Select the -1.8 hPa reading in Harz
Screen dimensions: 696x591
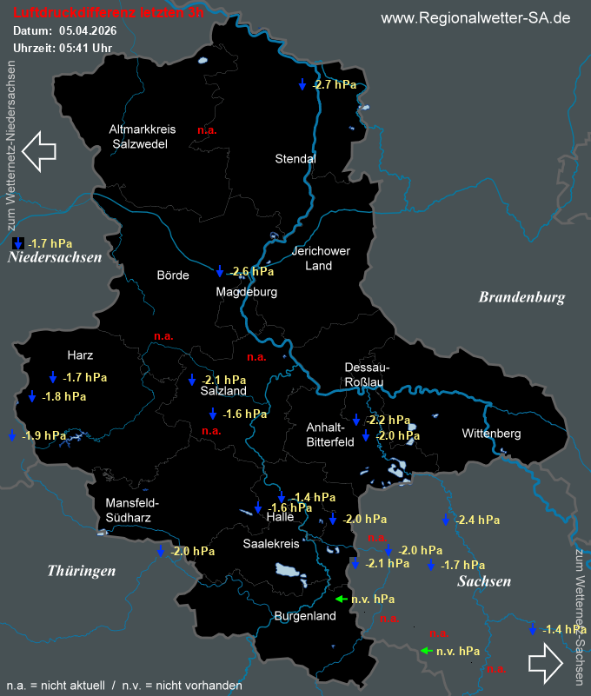[x=64, y=396]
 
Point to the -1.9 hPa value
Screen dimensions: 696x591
[x=43, y=435]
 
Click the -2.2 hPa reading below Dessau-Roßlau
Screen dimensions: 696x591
[x=388, y=421]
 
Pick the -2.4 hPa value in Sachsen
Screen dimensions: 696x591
[x=477, y=520]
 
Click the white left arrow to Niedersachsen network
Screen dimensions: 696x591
[x=38, y=150]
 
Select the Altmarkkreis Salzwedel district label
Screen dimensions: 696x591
[x=142, y=136]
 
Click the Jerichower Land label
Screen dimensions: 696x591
[x=320, y=258]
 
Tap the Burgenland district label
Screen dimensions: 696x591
[x=304, y=616]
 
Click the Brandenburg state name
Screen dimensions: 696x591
[x=521, y=297]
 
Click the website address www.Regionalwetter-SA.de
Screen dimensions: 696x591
[x=475, y=18]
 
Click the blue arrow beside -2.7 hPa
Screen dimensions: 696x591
[x=302, y=84]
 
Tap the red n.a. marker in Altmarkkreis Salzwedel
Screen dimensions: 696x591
[x=207, y=130]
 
